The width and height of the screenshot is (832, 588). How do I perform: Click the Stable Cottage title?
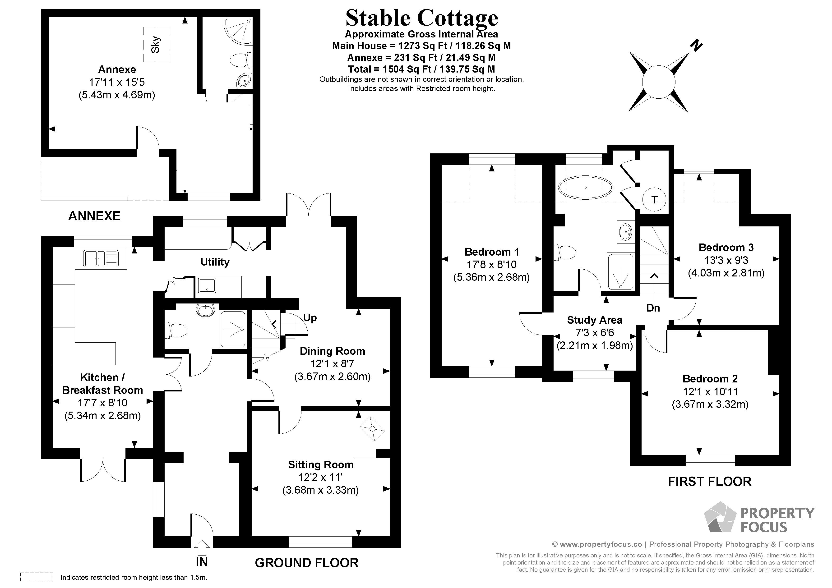click(421, 18)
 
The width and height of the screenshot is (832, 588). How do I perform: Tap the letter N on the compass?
click(696, 46)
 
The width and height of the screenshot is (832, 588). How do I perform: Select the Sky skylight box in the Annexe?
click(156, 45)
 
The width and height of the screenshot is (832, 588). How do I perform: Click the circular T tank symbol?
click(654, 199)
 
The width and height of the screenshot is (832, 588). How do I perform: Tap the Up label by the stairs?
click(310, 318)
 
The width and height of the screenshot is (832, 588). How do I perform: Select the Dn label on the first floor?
click(653, 308)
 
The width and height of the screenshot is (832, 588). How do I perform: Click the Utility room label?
click(215, 262)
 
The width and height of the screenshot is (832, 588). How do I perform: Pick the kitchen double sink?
click(101, 259)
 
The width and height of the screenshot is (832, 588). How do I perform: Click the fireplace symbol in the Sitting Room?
click(372, 429)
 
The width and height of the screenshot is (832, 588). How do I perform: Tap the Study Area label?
click(594, 320)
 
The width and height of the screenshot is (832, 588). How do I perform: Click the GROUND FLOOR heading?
click(307, 563)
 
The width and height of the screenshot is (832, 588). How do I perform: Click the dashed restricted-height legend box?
click(37, 577)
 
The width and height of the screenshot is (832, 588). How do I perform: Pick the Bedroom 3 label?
click(726, 248)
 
